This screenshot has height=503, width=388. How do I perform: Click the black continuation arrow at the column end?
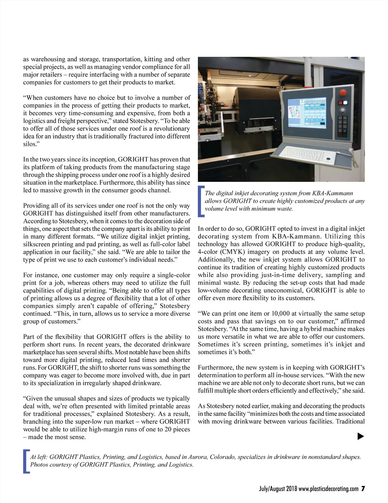point(361,436)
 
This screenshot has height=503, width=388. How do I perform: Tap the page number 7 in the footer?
point(363,488)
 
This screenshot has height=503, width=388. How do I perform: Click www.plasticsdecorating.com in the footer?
point(329,488)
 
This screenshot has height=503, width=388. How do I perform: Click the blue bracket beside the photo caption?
point(201,201)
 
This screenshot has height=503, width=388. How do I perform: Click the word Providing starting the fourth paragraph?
point(36,206)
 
